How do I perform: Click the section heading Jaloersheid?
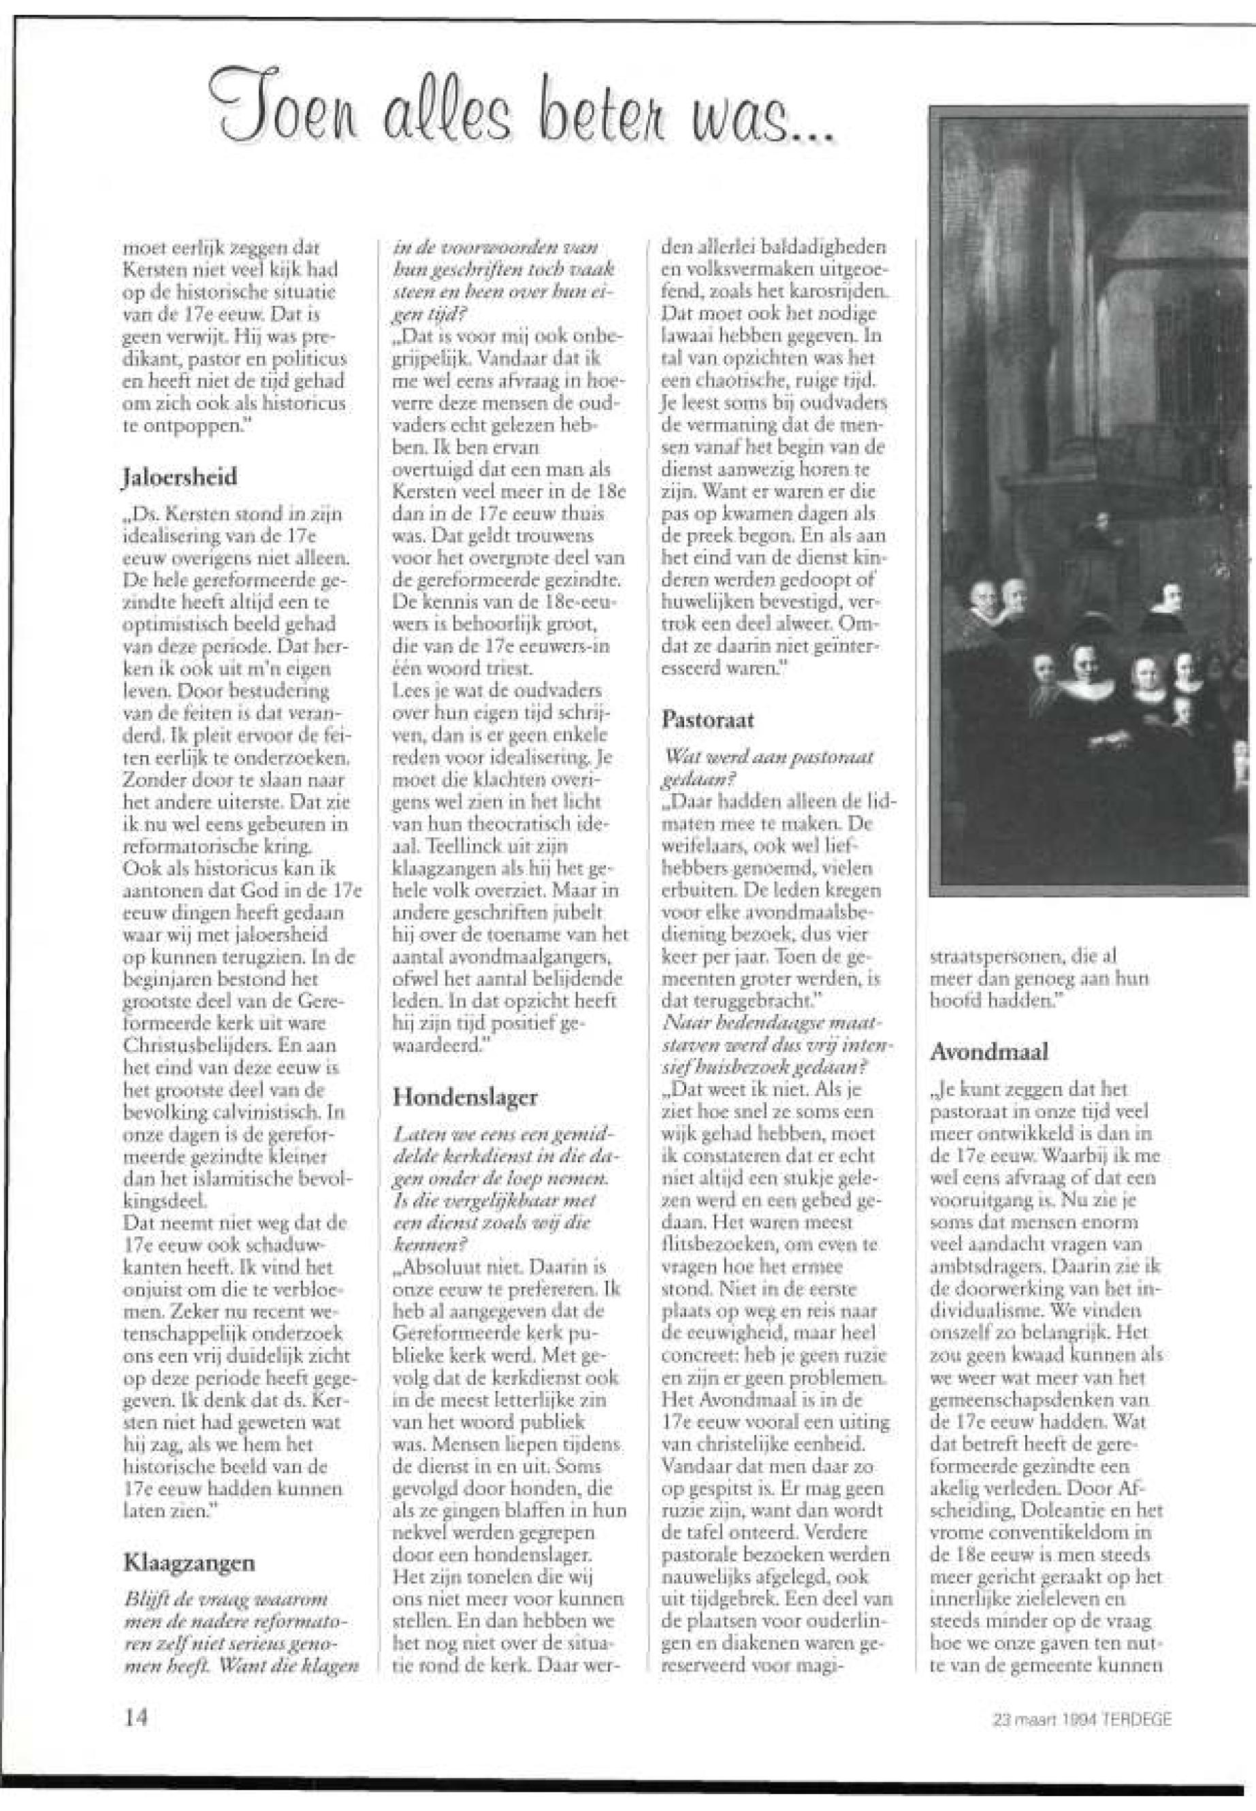(x=181, y=478)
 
